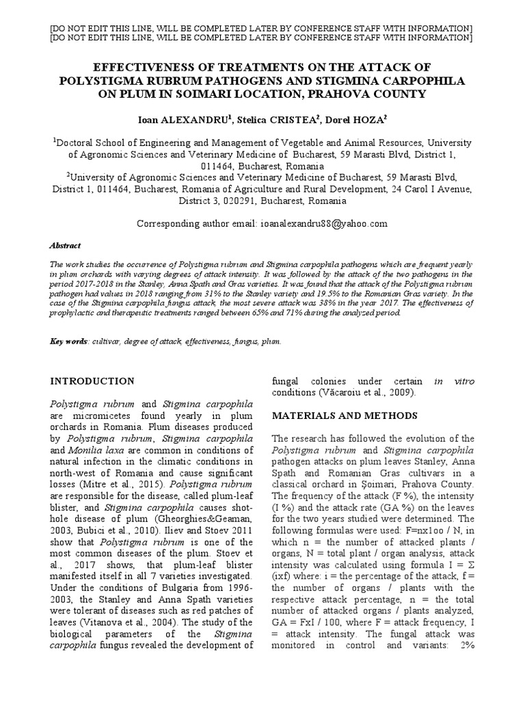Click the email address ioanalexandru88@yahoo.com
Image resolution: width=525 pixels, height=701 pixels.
(323, 224)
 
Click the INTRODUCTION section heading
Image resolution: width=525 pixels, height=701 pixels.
(93, 381)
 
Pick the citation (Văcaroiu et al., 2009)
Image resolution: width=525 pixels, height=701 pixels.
(354, 392)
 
